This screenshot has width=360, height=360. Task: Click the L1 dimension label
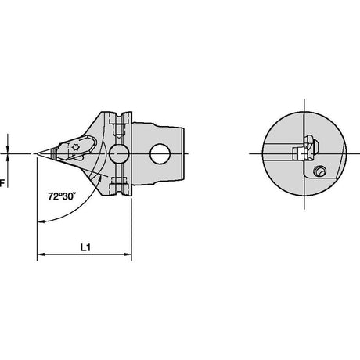(x=85, y=247)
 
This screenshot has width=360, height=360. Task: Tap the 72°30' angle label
(x=61, y=196)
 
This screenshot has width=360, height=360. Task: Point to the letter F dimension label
(x=2, y=183)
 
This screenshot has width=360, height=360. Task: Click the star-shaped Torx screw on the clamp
(x=75, y=147)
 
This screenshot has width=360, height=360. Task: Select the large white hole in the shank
(x=160, y=153)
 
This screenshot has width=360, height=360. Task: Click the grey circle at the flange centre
(x=119, y=153)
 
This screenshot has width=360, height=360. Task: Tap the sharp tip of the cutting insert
(x=38, y=153)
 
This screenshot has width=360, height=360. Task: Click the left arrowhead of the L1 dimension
(x=41, y=254)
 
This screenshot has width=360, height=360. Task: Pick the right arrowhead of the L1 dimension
(x=128, y=254)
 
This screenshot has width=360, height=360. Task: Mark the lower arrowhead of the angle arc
(x=41, y=221)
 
